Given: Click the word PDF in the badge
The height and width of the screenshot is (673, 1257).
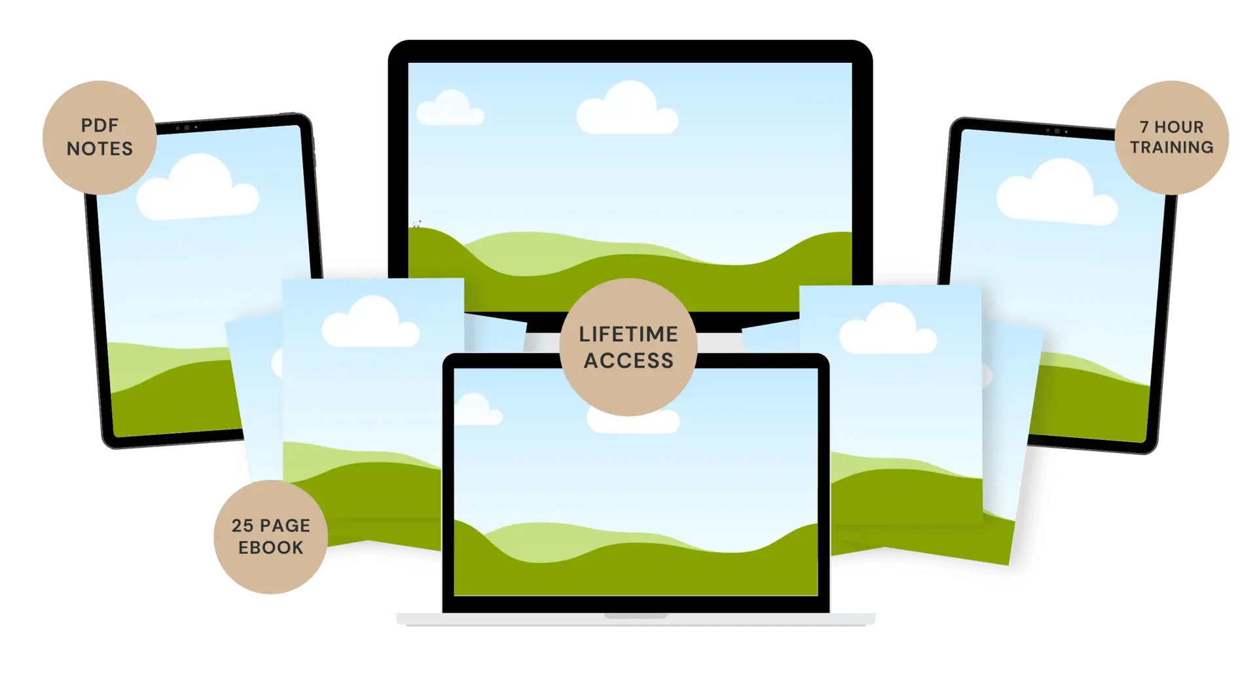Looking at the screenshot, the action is [100, 125].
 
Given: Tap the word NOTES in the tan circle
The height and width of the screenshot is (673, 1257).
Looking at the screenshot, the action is [100, 149].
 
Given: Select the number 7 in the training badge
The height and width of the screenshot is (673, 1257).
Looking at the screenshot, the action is [1144, 127].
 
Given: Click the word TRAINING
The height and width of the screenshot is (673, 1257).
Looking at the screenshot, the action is [1172, 147].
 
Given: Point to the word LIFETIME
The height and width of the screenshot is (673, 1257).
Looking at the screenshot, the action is [628, 334].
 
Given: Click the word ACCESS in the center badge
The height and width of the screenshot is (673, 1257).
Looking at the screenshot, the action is [628, 361].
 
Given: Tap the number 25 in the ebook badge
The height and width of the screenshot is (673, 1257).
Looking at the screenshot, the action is [242, 526].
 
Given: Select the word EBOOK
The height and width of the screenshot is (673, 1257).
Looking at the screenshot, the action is [271, 548].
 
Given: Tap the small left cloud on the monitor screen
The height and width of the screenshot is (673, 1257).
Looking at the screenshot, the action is [450, 108].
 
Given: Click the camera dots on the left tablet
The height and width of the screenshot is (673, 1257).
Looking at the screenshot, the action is [187, 128].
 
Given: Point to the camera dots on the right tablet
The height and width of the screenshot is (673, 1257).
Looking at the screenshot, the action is [1057, 132].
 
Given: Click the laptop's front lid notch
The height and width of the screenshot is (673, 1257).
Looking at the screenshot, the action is [636, 616].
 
